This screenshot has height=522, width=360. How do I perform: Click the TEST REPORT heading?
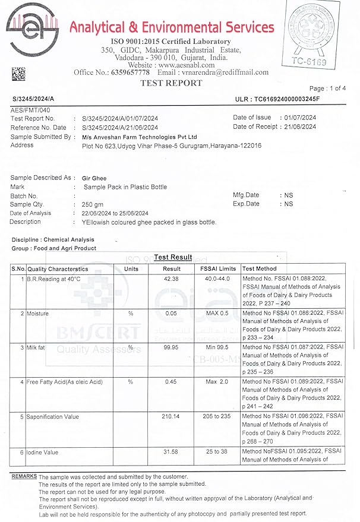point(171,84)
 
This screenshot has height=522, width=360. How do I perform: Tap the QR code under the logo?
point(18,74)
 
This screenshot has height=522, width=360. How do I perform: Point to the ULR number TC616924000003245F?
point(286,99)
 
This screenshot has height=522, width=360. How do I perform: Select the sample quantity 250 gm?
point(92,204)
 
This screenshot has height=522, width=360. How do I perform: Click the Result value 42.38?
point(172,278)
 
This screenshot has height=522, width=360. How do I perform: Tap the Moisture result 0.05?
point(172,313)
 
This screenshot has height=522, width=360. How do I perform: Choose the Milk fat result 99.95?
point(172,347)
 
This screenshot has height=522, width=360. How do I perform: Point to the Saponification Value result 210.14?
point(171,417)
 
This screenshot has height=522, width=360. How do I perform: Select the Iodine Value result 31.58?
point(172,453)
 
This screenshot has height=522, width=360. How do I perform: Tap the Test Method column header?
point(260,269)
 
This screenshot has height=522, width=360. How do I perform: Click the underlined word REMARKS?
point(24,477)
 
